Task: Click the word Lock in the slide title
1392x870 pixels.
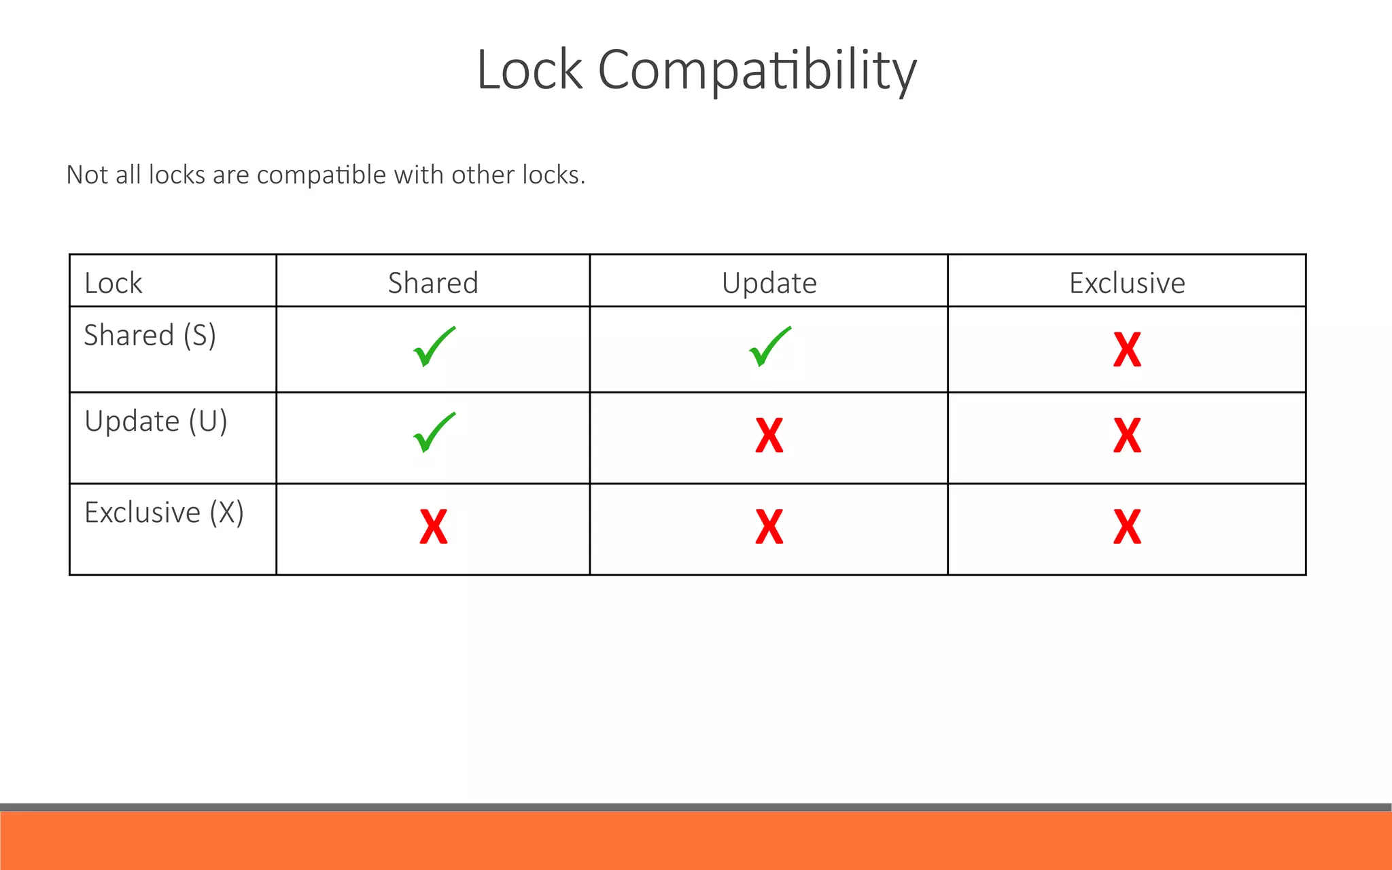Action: (x=529, y=70)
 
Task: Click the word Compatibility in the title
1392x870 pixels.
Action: (x=757, y=71)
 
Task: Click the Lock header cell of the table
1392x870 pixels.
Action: (x=114, y=283)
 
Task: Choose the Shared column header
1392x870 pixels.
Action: (x=433, y=283)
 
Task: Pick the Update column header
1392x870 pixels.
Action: (x=769, y=283)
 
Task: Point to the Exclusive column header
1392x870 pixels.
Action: (x=1127, y=283)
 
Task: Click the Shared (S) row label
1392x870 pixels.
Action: (x=150, y=335)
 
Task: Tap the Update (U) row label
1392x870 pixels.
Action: (x=156, y=421)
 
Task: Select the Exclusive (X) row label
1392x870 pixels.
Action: (x=164, y=512)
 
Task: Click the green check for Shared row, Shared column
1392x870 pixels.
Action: (x=434, y=347)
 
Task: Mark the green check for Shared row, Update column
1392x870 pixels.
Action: (x=769, y=347)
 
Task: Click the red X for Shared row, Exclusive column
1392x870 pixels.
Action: (x=1127, y=350)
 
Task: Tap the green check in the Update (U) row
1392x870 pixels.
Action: (x=434, y=433)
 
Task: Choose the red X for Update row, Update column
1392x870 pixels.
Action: (x=769, y=436)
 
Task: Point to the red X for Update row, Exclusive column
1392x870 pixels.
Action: (x=1127, y=436)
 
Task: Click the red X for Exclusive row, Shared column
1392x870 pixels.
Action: (x=434, y=527)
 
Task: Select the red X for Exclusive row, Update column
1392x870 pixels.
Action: (x=769, y=527)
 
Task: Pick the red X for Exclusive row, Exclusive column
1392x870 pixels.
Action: (x=1127, y=527)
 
